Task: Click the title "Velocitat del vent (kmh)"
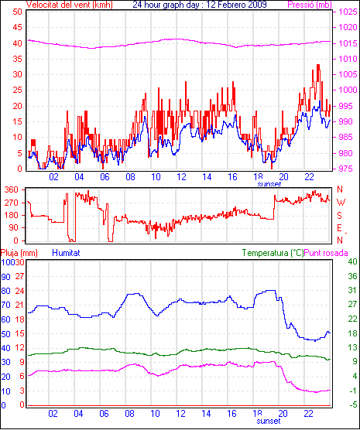70,5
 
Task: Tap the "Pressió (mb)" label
310,5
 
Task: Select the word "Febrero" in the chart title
228,5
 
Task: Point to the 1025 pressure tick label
348,12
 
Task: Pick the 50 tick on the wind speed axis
17,12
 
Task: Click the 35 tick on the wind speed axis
17,59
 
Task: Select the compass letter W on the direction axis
341,203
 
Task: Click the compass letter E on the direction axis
339,228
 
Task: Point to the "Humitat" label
66,253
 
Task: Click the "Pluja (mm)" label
19,253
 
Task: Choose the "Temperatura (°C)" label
273,253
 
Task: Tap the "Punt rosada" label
326,253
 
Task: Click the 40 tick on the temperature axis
352,261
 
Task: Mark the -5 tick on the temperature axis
353,404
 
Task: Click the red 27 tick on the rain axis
20,276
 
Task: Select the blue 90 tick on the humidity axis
5,276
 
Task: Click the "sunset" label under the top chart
269,184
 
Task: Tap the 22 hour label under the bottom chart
309,413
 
